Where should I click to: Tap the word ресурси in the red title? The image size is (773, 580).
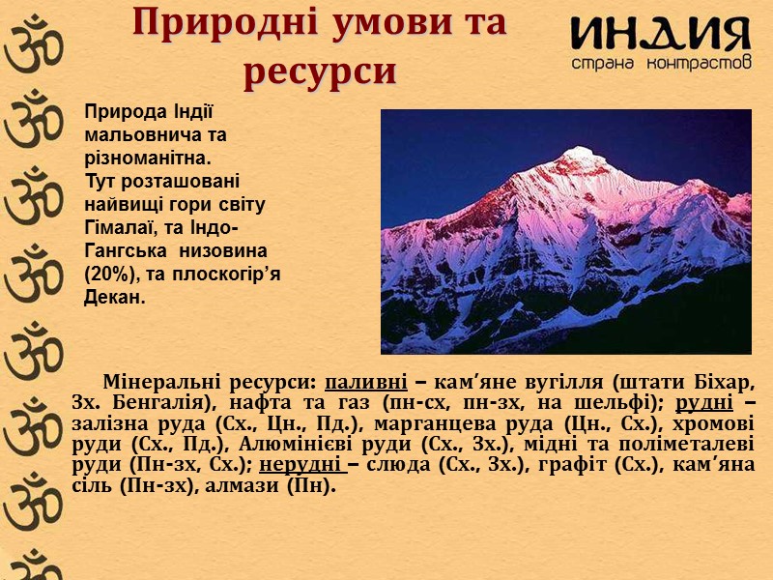coord(320,71)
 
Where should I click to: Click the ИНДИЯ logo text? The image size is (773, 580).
coord(659,35)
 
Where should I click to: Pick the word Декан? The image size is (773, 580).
coord(114,298)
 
